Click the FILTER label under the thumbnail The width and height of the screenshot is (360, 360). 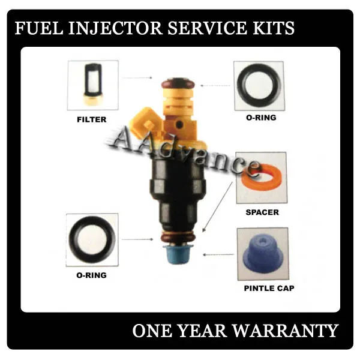coord(92,119)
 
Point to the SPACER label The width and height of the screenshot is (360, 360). coord(262,212)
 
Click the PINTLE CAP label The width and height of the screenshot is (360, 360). coord(269,289)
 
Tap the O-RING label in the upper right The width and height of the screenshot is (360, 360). coord(261,118)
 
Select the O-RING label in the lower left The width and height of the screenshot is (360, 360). coord(92,275)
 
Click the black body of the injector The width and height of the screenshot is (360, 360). coord(178,192)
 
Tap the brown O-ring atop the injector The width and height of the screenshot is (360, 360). coord(178,82)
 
